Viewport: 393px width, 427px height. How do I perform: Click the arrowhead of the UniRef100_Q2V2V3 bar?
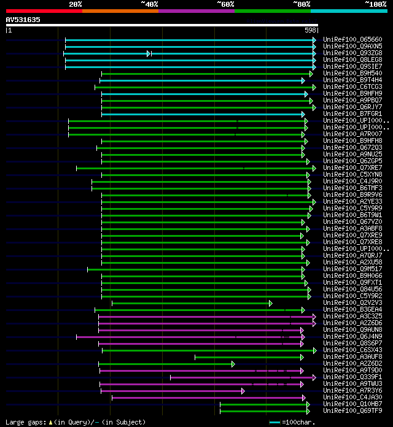click(x=270, y=303)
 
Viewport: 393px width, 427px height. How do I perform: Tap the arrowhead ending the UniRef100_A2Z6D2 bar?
click(x=233, y=364)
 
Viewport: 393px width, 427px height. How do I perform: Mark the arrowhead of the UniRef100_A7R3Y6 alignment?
click(x=243, y=391)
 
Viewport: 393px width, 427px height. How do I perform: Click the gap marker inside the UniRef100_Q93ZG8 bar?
click(x=148, y=53)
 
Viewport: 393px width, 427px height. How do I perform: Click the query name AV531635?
click(x=23, y=20)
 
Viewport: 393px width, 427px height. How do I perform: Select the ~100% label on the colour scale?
click(x=375, y=4)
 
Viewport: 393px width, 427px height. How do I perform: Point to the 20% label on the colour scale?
click(x=75, y=4)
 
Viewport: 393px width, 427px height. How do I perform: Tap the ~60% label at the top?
click(x=225, y=4)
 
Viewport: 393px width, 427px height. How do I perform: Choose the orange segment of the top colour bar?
click(x=120, y=11)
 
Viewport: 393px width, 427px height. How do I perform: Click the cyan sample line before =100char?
click(x=274, y=422)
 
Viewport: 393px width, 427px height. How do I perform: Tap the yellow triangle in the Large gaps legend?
click(x=50, y=422)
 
